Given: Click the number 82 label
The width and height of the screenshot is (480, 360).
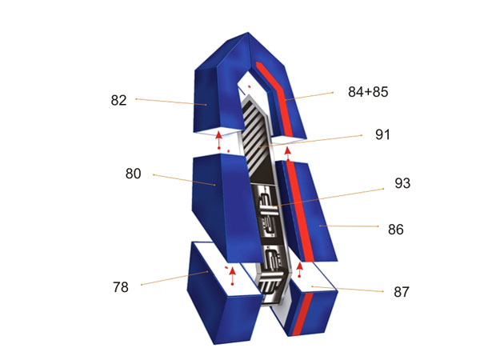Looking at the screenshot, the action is coord(118,101).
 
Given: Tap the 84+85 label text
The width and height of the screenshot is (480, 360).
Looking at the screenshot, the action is coord(368,92).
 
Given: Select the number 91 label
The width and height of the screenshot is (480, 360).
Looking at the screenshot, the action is coord(382,134).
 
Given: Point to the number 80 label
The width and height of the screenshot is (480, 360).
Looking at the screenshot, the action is coord(133,174).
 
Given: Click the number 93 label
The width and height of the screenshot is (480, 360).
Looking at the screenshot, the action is coord(402,183).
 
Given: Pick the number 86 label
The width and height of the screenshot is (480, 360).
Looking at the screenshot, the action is coord(396,230).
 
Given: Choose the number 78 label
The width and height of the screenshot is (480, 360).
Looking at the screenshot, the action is coord(120,287).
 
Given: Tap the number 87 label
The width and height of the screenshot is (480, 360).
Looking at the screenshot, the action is coord(402,292).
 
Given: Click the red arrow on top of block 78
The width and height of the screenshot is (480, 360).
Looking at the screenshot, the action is coord(233,276).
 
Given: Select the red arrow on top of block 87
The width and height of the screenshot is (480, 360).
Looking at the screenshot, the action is coord(300,270).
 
